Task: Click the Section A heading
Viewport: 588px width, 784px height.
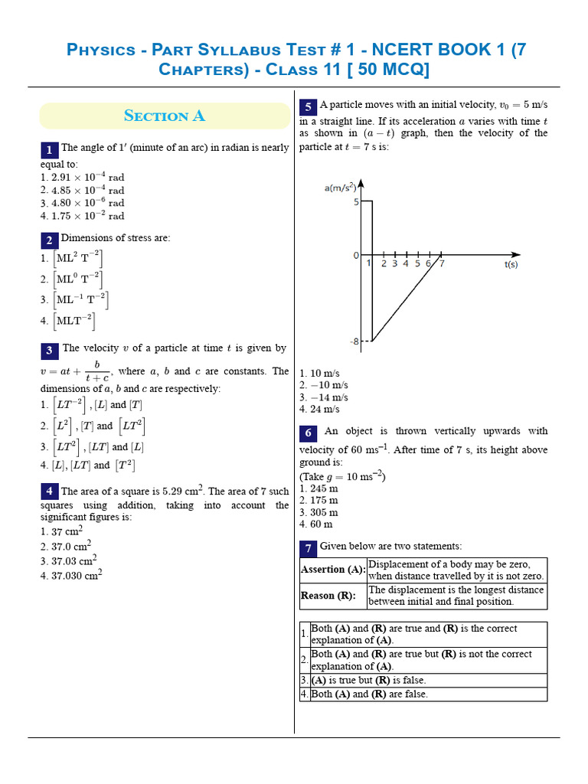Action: coord(164,116)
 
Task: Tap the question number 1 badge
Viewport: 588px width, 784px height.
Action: coord(49,149)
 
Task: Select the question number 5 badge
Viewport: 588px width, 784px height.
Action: coord(308,106)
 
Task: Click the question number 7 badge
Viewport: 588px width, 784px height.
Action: coord(308,547)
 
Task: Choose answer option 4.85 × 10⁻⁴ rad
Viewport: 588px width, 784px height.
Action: coord(83,190)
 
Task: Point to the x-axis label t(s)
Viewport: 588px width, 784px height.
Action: coord(511,264)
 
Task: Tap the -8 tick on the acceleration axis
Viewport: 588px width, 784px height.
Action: coord(355,341)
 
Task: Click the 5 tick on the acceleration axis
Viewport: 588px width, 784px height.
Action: coord(356,201)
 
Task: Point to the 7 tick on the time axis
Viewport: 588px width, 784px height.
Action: coord(442,263)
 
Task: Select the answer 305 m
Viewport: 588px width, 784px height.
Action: coord(319,512)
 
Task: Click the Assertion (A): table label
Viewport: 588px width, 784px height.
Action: coord(332,570)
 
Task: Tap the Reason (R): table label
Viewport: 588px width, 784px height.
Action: coord(328,596)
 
